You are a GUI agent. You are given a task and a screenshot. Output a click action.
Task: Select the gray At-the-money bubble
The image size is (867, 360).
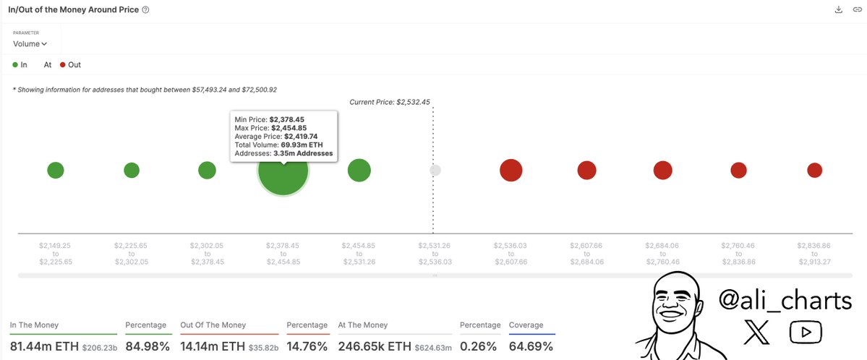435,171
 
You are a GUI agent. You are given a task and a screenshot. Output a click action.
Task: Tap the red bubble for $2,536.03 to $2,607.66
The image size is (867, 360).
511,171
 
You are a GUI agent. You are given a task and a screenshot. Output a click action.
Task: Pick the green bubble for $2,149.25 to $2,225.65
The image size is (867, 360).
56,171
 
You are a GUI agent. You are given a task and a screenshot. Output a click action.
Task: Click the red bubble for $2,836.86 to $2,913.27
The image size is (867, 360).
814,171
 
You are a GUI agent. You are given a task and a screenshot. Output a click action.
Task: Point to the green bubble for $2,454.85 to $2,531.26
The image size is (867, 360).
359,171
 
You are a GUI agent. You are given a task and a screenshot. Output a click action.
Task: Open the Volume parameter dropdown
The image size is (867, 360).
30,44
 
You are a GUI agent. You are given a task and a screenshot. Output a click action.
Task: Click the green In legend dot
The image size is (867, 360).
16,65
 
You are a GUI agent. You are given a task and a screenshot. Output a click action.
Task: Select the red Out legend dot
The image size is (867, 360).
63,65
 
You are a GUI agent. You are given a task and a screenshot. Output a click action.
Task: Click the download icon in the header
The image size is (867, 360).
838,9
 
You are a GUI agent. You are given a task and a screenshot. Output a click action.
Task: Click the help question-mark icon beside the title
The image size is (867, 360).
146,9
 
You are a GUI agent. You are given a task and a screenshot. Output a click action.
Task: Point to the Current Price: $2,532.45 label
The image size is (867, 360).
390,102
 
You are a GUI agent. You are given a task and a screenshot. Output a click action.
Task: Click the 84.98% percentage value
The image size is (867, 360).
147,347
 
